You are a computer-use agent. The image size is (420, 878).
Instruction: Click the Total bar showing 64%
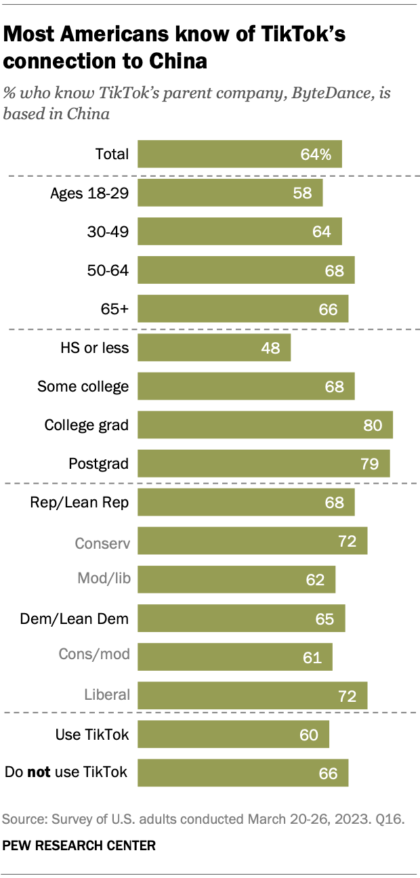point(240,154)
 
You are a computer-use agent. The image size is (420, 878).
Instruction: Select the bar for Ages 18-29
point(230,192)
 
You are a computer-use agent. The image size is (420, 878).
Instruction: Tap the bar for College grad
point(265,425)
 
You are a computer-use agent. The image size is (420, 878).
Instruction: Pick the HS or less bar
point(214,348)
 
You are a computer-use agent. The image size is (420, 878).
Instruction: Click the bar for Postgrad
point(264,464)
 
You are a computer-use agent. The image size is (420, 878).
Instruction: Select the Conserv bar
point(252,541)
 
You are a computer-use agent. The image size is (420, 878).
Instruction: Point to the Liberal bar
point(252,695)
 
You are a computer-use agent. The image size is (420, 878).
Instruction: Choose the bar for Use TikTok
point(233,734)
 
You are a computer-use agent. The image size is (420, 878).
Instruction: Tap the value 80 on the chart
point(373,425)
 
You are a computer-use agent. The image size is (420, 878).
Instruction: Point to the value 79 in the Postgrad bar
point(370,464)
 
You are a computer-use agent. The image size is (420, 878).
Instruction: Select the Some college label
point(83,387)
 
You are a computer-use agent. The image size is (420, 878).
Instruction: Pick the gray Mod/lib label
point(103,580)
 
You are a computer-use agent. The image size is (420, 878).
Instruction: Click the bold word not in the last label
point(39,772)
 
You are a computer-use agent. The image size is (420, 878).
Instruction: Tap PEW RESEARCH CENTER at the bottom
point(79,845)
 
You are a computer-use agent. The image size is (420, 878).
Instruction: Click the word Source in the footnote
point(23,820)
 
